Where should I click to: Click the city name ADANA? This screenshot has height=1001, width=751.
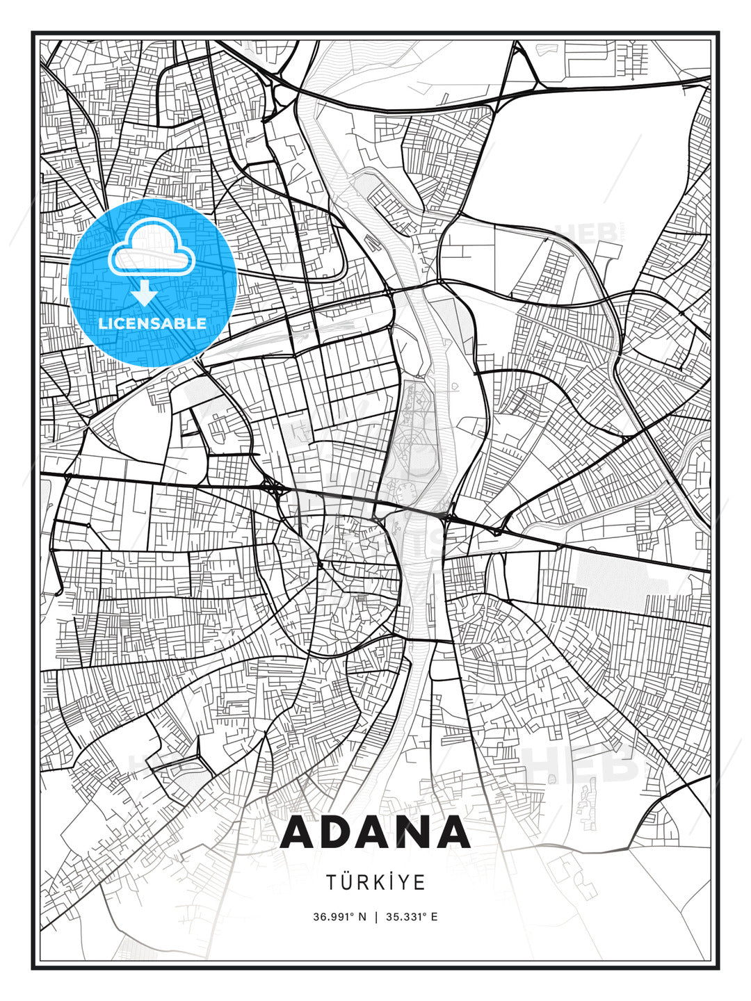tap(375, 832)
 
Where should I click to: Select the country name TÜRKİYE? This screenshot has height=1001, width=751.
tap(375, 882)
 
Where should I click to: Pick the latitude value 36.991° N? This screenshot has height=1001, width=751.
tap(339, 917)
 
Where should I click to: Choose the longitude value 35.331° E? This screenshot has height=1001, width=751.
tap(411, 917)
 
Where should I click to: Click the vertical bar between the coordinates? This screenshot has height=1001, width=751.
tap(375, 917)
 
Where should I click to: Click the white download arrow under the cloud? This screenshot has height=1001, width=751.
tap(145, 294)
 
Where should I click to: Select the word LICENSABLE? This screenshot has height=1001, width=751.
tap(152, 323)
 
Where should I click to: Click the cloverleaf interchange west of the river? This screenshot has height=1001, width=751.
tap(273, 489)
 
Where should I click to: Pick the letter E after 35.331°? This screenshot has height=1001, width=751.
tap(434, 917)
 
